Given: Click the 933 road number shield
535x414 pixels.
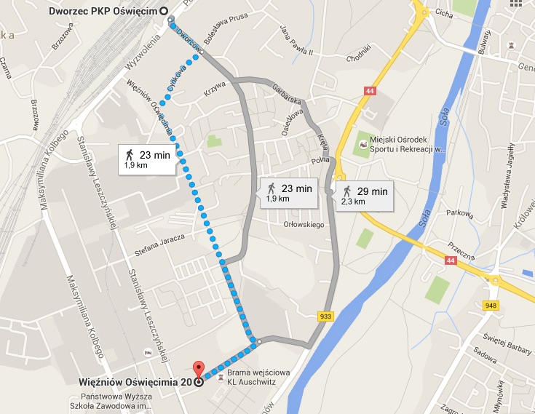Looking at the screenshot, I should pyautogui.click(x=326, y=315).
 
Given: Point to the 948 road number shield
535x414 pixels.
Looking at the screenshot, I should pyautogui.click(x=490, y=305).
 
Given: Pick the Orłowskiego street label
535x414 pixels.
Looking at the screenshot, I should pyautogui.click(x=304, y=225).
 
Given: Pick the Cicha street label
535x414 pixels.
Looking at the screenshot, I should pyautogui.click(x=443, y=12).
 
